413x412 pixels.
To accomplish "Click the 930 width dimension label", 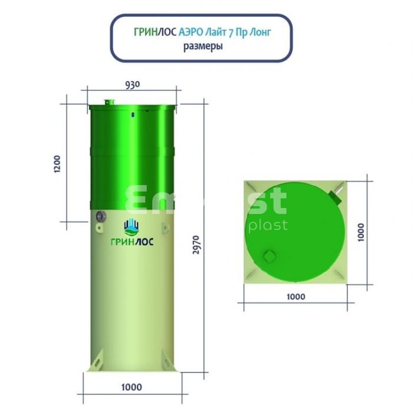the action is pyautogui.click(x=133, y=85).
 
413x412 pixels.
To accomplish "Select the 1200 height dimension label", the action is pyautogui.click(x=57, y=164).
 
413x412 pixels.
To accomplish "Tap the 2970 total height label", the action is pyautogui.click(x=196, y=245).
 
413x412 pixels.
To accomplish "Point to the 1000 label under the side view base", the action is pyautogui.click(x=132, y=387).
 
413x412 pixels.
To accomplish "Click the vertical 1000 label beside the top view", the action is pyautogui.click(x=361, y=232).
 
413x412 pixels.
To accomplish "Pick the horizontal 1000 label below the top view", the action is pyautogui.click(x=296, y=296).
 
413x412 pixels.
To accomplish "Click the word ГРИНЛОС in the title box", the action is pyautogui.click(x=155, y=32).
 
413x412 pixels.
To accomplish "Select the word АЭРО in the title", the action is pyautogui.click(x=191, y=32).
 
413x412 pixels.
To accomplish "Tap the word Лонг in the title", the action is pyautogui.click(x=260, y=32).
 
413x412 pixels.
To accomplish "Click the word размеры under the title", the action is pyautogui.click(x=203, y=47).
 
